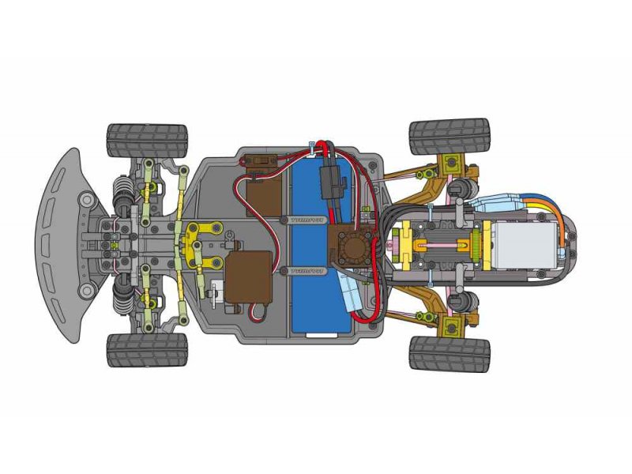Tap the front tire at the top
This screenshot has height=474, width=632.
148,140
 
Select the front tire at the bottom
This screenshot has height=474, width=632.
148,349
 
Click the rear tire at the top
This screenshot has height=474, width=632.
450,137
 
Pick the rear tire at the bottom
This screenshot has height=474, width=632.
450,353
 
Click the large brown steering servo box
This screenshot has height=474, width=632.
247,276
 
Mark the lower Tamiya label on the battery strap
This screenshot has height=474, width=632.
303,269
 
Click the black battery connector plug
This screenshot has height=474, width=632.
333,182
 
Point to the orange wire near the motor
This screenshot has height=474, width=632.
558,213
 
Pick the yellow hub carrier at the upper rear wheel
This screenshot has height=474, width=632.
452,164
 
